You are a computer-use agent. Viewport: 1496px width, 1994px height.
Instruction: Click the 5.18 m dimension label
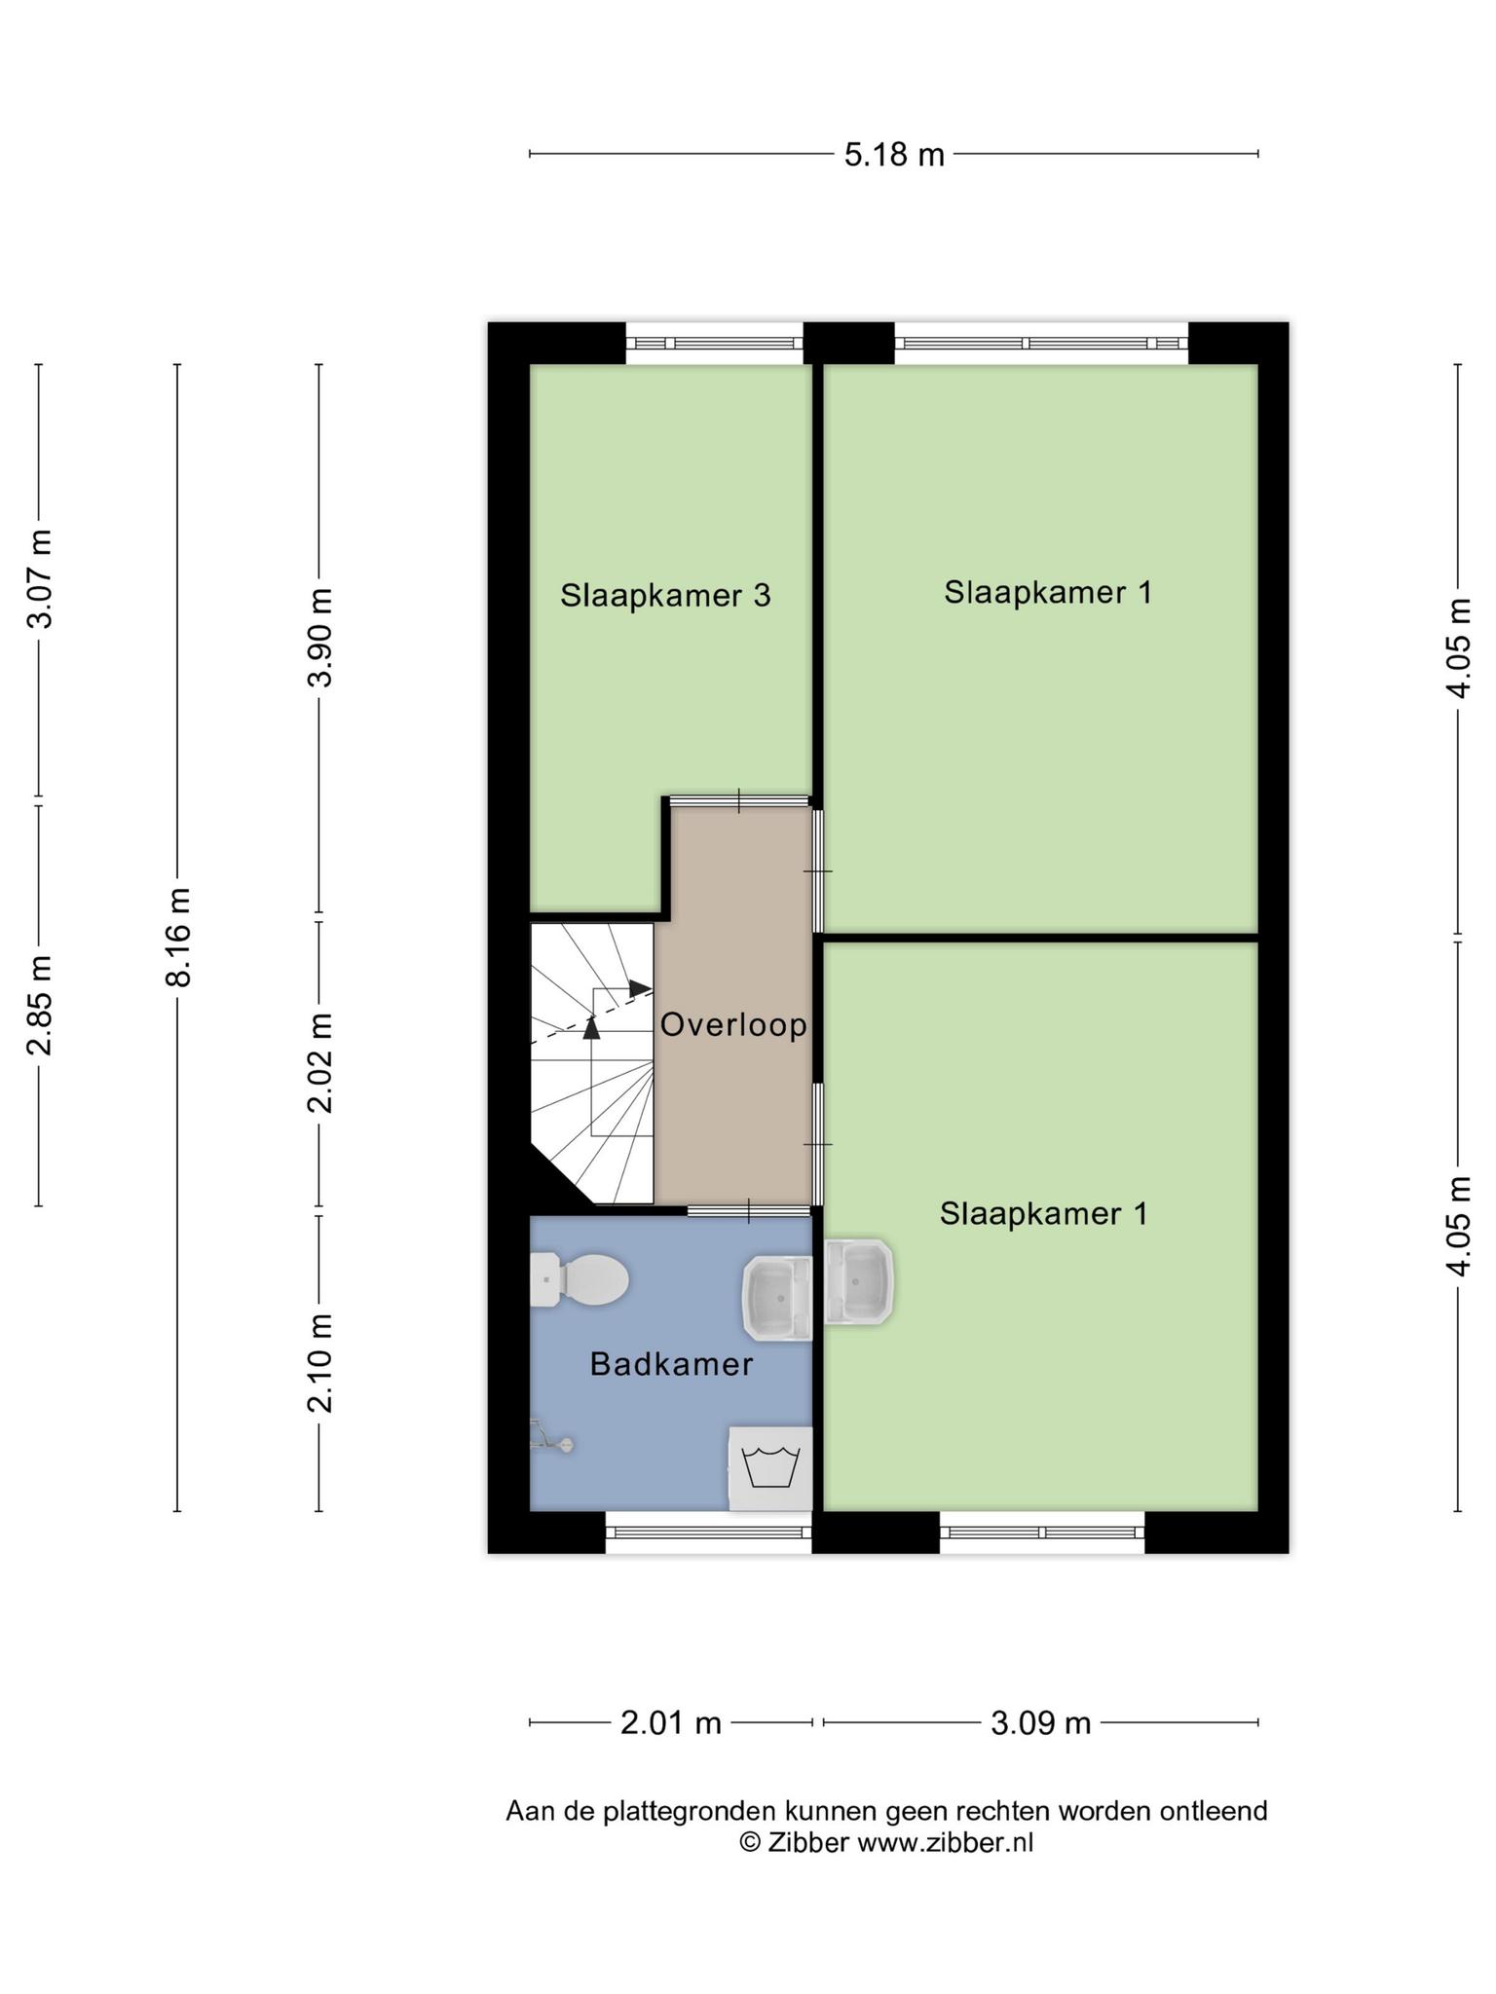894,155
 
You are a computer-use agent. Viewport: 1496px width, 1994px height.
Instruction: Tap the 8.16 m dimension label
178,937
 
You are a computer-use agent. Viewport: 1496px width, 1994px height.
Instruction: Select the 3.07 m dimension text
40,578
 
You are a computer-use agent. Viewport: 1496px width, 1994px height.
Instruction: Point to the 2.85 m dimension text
40,1005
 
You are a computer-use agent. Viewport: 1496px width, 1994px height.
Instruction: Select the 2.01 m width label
671,1723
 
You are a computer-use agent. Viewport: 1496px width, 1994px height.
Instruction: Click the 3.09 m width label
1040,1723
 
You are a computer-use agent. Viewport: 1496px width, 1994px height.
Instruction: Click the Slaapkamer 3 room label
665,595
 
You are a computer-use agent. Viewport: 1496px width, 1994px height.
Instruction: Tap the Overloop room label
733,1024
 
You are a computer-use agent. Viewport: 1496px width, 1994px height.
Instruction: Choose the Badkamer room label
671,1364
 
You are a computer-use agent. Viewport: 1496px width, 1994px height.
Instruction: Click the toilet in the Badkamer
579,1280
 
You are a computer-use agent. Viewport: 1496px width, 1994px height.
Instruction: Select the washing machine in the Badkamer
770,1468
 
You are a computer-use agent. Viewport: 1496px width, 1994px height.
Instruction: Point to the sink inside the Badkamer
777,1297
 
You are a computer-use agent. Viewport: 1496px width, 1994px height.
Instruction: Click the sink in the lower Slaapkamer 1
858,1281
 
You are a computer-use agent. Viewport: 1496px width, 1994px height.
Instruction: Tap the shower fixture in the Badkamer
551,1437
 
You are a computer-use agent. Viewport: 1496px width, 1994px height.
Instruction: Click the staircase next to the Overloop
592,1063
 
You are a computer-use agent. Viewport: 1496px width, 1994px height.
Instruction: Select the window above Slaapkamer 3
714,343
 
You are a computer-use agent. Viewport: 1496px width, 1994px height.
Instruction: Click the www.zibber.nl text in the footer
945,1843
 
